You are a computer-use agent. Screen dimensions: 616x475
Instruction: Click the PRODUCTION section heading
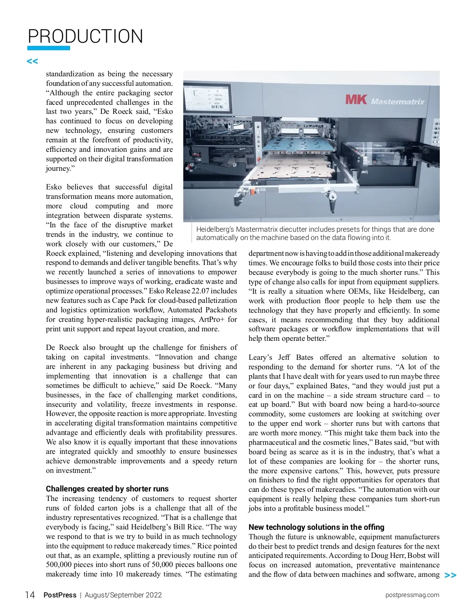tap(85, 36)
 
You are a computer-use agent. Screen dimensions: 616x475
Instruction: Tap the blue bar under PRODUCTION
tap(48, 48)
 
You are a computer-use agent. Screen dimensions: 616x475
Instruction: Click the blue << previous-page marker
tap(32, 61)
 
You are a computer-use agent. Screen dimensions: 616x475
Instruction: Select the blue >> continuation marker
tap(450, 575)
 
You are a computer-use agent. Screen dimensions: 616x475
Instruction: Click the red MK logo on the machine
tap(356, 99)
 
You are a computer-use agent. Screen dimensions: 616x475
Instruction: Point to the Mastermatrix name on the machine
tap(397, 102)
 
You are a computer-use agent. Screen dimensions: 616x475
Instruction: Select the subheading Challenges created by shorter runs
tap(107, 489)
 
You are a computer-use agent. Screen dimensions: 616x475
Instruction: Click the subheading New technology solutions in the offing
tap(316, 527)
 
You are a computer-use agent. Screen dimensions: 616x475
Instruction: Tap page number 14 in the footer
tap(30, 595)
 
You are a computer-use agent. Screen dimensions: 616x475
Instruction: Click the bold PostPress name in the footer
tap(60, 595)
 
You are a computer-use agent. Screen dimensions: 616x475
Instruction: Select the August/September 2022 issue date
tap(123, 595)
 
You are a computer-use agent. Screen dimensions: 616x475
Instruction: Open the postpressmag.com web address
tap(412, 595)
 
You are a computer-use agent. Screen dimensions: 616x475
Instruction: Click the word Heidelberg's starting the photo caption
tap(215, 229)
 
